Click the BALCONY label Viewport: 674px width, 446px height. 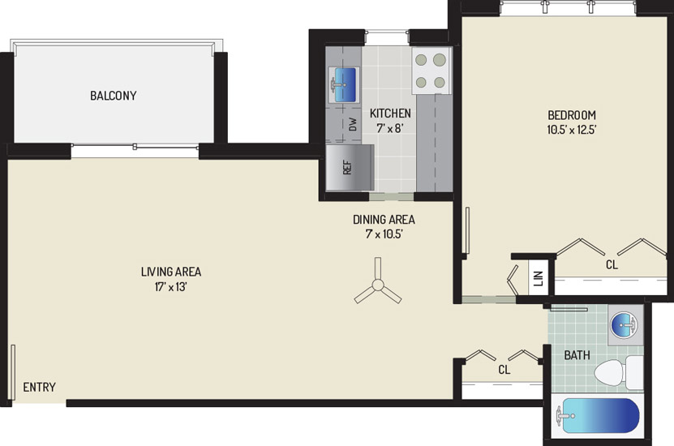click(113, 96)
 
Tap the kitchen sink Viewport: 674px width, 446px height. click(344, 84)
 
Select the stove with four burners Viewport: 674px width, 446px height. click(431, 71)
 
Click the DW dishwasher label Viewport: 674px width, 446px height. click(353, 125)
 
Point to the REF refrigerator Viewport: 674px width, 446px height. click(350, 168)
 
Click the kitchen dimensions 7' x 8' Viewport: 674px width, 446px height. click(390, 128)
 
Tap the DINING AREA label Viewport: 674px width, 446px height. click(384, 220)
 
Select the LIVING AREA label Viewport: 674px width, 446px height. click(171, 272)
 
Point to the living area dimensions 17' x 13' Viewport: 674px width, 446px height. click(171, 286)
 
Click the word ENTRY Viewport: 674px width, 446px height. click(39, 387)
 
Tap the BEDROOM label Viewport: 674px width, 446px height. click(572, 115)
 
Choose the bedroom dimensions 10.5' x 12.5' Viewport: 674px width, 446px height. click(572, 129)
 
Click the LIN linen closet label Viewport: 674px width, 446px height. click(539, 278)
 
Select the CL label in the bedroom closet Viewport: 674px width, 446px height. click(612, 264)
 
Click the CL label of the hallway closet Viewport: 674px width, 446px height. click(504, 370)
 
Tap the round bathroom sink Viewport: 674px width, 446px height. click(625, 324)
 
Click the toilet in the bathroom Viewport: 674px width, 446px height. click(619, 372)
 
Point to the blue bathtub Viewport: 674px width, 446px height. click(598, 415)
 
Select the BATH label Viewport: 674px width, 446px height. click(577, 355)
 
